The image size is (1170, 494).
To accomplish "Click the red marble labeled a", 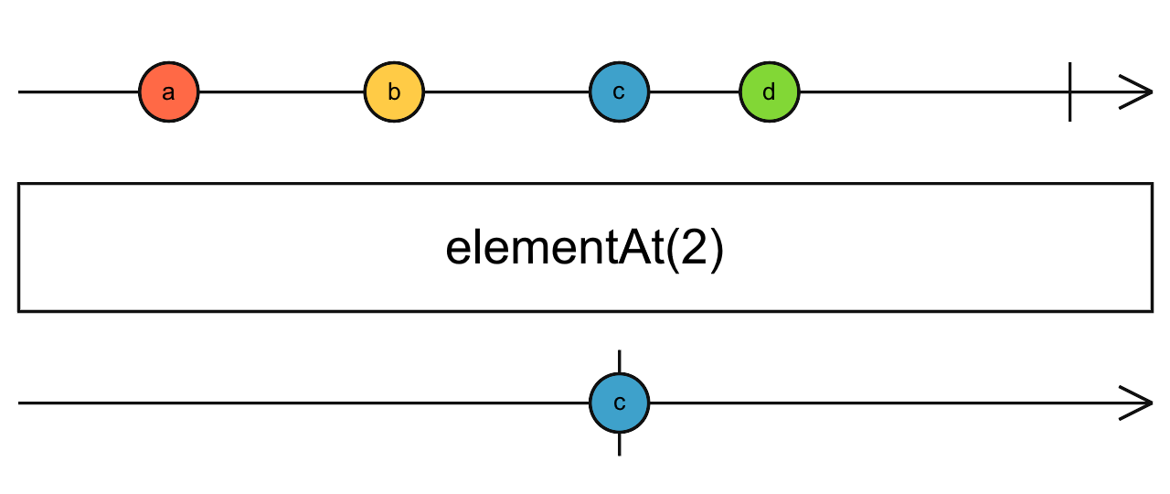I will pyautogui.click(x=168, y=92).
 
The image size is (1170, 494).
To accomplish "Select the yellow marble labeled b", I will pyautogui.click(x=394, y=92).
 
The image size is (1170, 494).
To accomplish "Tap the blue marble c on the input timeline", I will pyautogui.click(x=619, y=92).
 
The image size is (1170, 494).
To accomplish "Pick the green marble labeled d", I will pyautogui.click(x=769, y=92).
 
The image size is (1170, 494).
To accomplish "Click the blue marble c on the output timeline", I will pyautogui.click(x=619, y=403).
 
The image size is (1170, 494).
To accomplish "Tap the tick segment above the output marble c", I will pyautogui.click(x=620, y=361).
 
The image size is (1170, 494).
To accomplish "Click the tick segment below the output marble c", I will pyautogui.click(x=620, y=444).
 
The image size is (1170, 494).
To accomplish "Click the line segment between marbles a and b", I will pyautogui.click(x=281, y=92).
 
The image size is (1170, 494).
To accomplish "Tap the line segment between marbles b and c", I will pyautogui.click(x=506, y=92).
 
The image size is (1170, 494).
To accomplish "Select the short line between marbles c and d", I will pyautogui.click(x=694, y=92).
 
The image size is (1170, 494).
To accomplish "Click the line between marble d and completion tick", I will pyautogui.click(x=932, y=92).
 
